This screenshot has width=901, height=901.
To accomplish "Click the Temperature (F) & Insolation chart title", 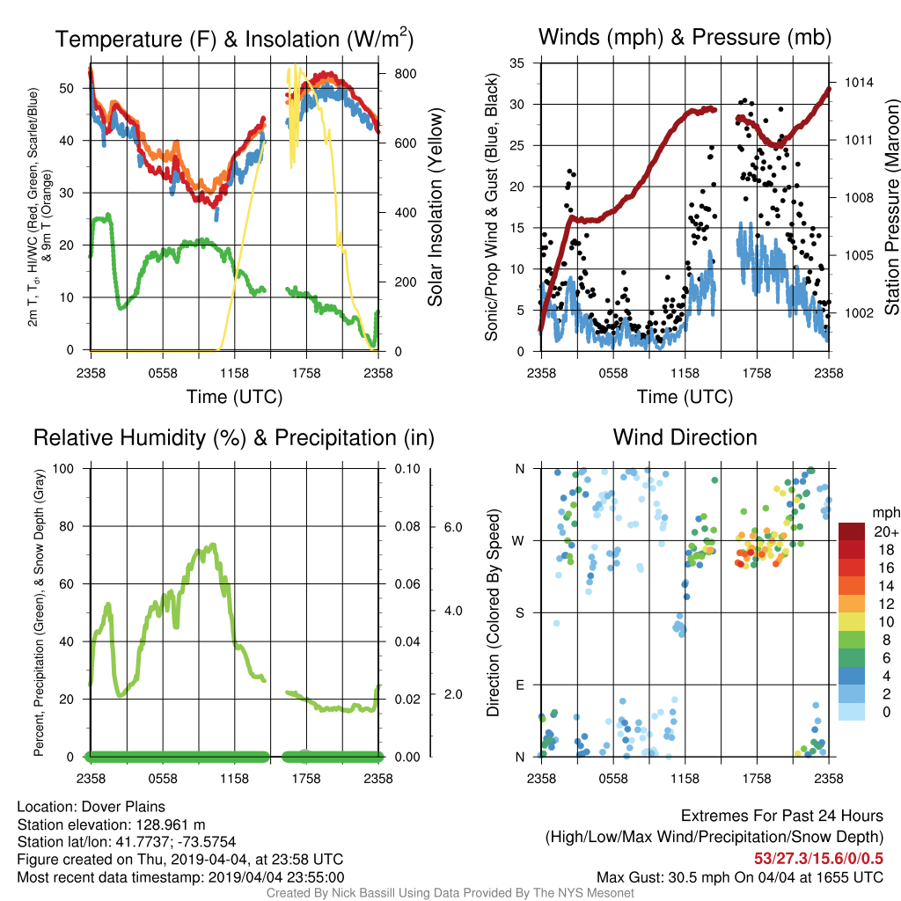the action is (x=234, y=39).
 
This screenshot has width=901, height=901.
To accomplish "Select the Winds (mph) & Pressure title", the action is (x=685, y=37).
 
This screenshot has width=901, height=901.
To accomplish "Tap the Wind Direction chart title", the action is (x=685, y=437).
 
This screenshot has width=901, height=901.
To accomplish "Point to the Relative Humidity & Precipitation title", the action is (x=234, y=438).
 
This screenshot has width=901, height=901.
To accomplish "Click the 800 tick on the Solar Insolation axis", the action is (x=405, y=74).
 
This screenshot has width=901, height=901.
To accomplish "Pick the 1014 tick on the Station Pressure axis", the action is (x=859, y=83).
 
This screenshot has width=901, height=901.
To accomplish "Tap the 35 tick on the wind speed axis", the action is (x=516, y=63).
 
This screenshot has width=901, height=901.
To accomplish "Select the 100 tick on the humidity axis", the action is (x=63, y=468).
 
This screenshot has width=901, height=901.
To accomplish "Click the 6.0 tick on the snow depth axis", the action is (x=453, y=527).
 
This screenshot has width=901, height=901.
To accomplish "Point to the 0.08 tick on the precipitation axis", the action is (x=407, y=526).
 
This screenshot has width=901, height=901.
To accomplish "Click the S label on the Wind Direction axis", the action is (x=519, y=612).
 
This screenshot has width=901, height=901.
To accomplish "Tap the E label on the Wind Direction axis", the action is (x=520, y=685).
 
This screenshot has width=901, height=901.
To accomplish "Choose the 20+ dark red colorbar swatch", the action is (x=852, y=531).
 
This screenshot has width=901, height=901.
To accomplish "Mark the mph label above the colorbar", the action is (x=886, y=513).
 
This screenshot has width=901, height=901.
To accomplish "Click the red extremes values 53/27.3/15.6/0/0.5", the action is (x=818, y=859).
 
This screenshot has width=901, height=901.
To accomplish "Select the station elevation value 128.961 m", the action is (x=171, y=824).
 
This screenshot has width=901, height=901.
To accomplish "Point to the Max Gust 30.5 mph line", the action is (x=739, y=877).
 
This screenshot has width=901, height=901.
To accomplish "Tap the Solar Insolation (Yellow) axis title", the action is (x=435, y=207).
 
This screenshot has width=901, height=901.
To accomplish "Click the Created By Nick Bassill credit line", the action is (x=450, y=893).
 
